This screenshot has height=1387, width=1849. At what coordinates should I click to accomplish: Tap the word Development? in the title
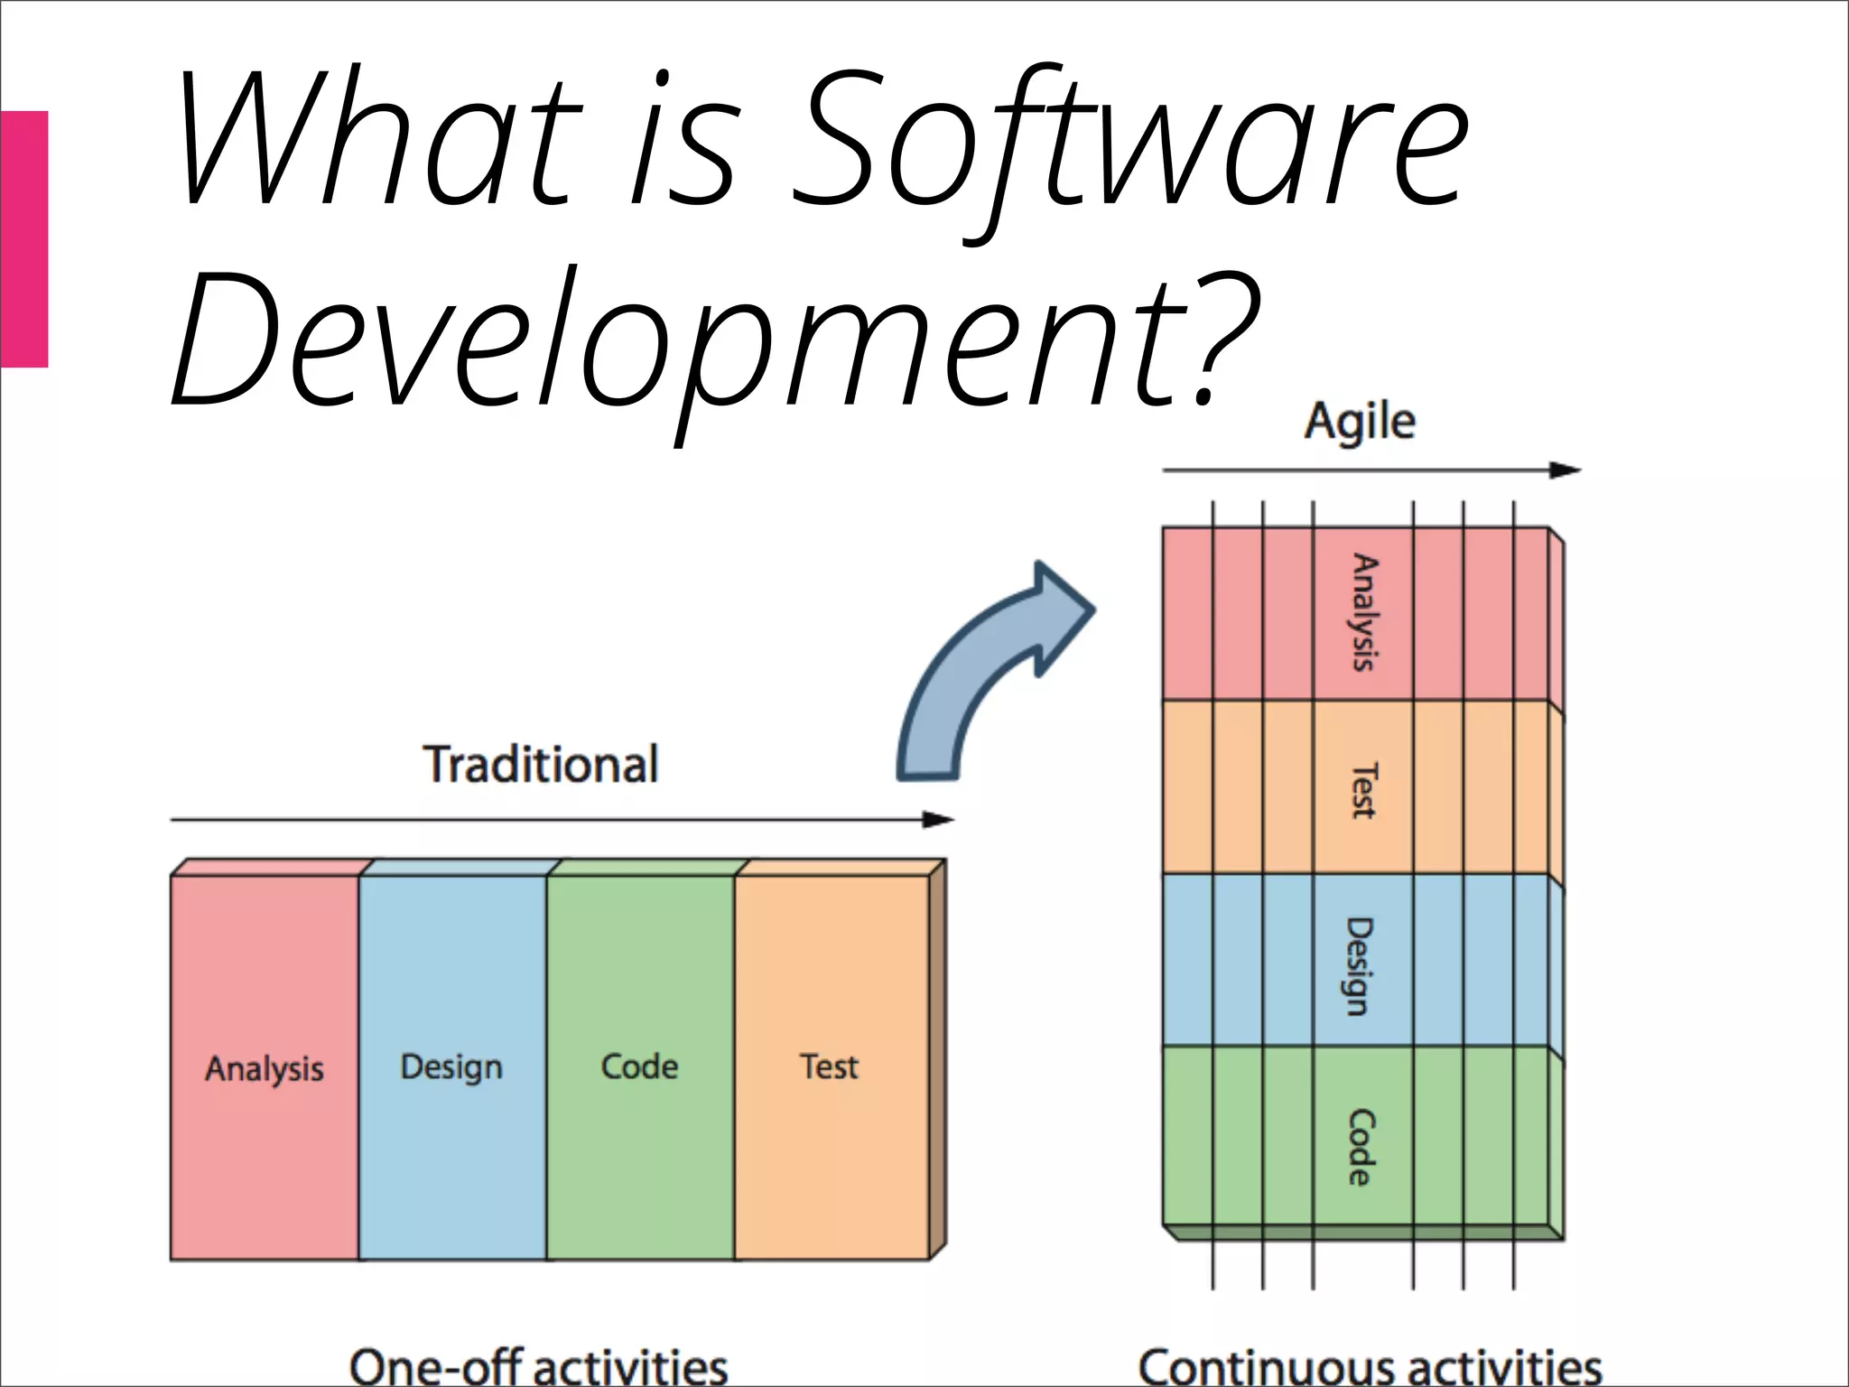(713, 343)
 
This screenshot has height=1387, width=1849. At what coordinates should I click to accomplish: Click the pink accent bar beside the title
(23, 238)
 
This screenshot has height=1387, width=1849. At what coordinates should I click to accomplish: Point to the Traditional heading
(541, 765)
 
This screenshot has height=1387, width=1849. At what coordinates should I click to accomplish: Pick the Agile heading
(1360, 422)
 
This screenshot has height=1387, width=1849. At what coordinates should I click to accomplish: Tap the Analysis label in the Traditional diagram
(264, 1069)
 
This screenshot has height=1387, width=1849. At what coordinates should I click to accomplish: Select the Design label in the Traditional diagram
(451, 1067)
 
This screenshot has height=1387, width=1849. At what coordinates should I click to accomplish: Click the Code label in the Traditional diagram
(639, 1066)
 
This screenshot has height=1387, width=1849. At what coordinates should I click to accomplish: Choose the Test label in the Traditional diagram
(829, 1066)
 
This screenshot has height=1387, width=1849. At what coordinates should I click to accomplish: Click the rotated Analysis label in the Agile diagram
(1363, 612)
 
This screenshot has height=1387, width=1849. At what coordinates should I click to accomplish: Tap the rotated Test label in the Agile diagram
(1363, 790)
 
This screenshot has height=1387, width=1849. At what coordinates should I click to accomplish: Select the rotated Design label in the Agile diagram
(1360, 966)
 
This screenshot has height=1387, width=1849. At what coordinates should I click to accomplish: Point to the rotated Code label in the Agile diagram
(1361, 1147)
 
